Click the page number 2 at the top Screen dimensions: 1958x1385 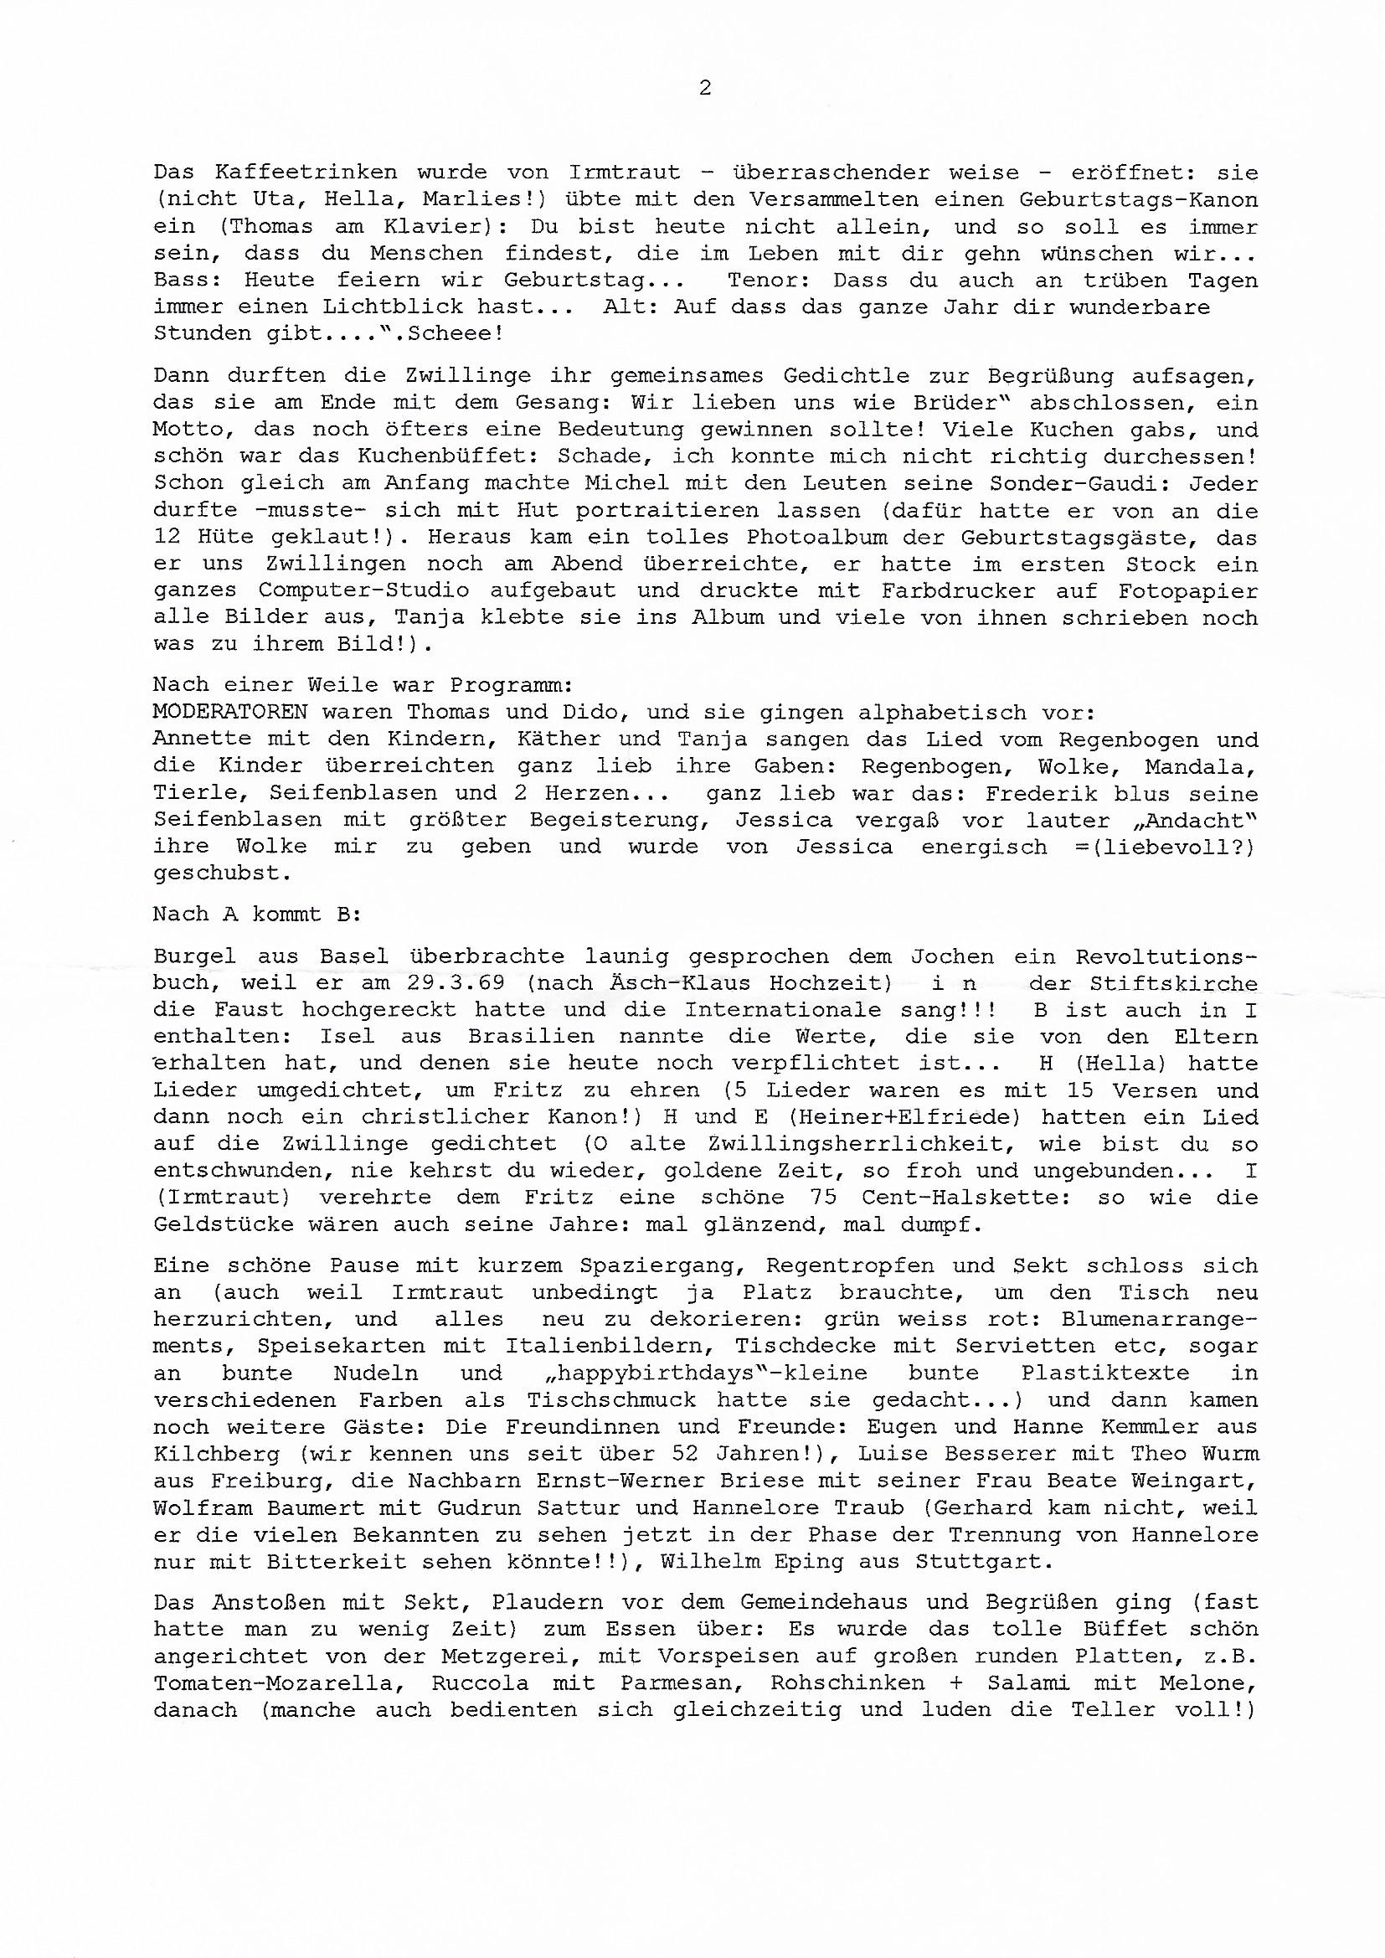click(x=704, y=88)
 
